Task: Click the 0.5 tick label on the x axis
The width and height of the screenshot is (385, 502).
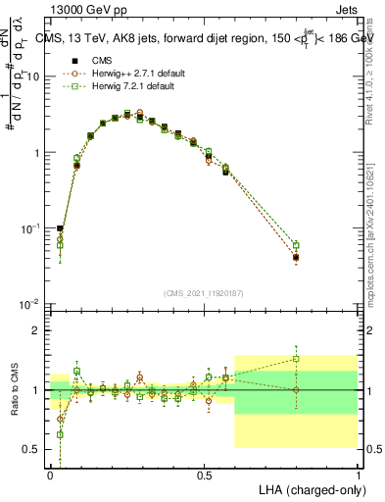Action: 204,474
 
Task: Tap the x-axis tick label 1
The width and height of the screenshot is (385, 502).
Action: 358,474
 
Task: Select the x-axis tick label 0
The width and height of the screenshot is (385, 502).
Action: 51,474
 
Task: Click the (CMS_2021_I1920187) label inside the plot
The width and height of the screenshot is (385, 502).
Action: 204,293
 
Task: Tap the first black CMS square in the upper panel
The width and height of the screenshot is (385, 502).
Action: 60,228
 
